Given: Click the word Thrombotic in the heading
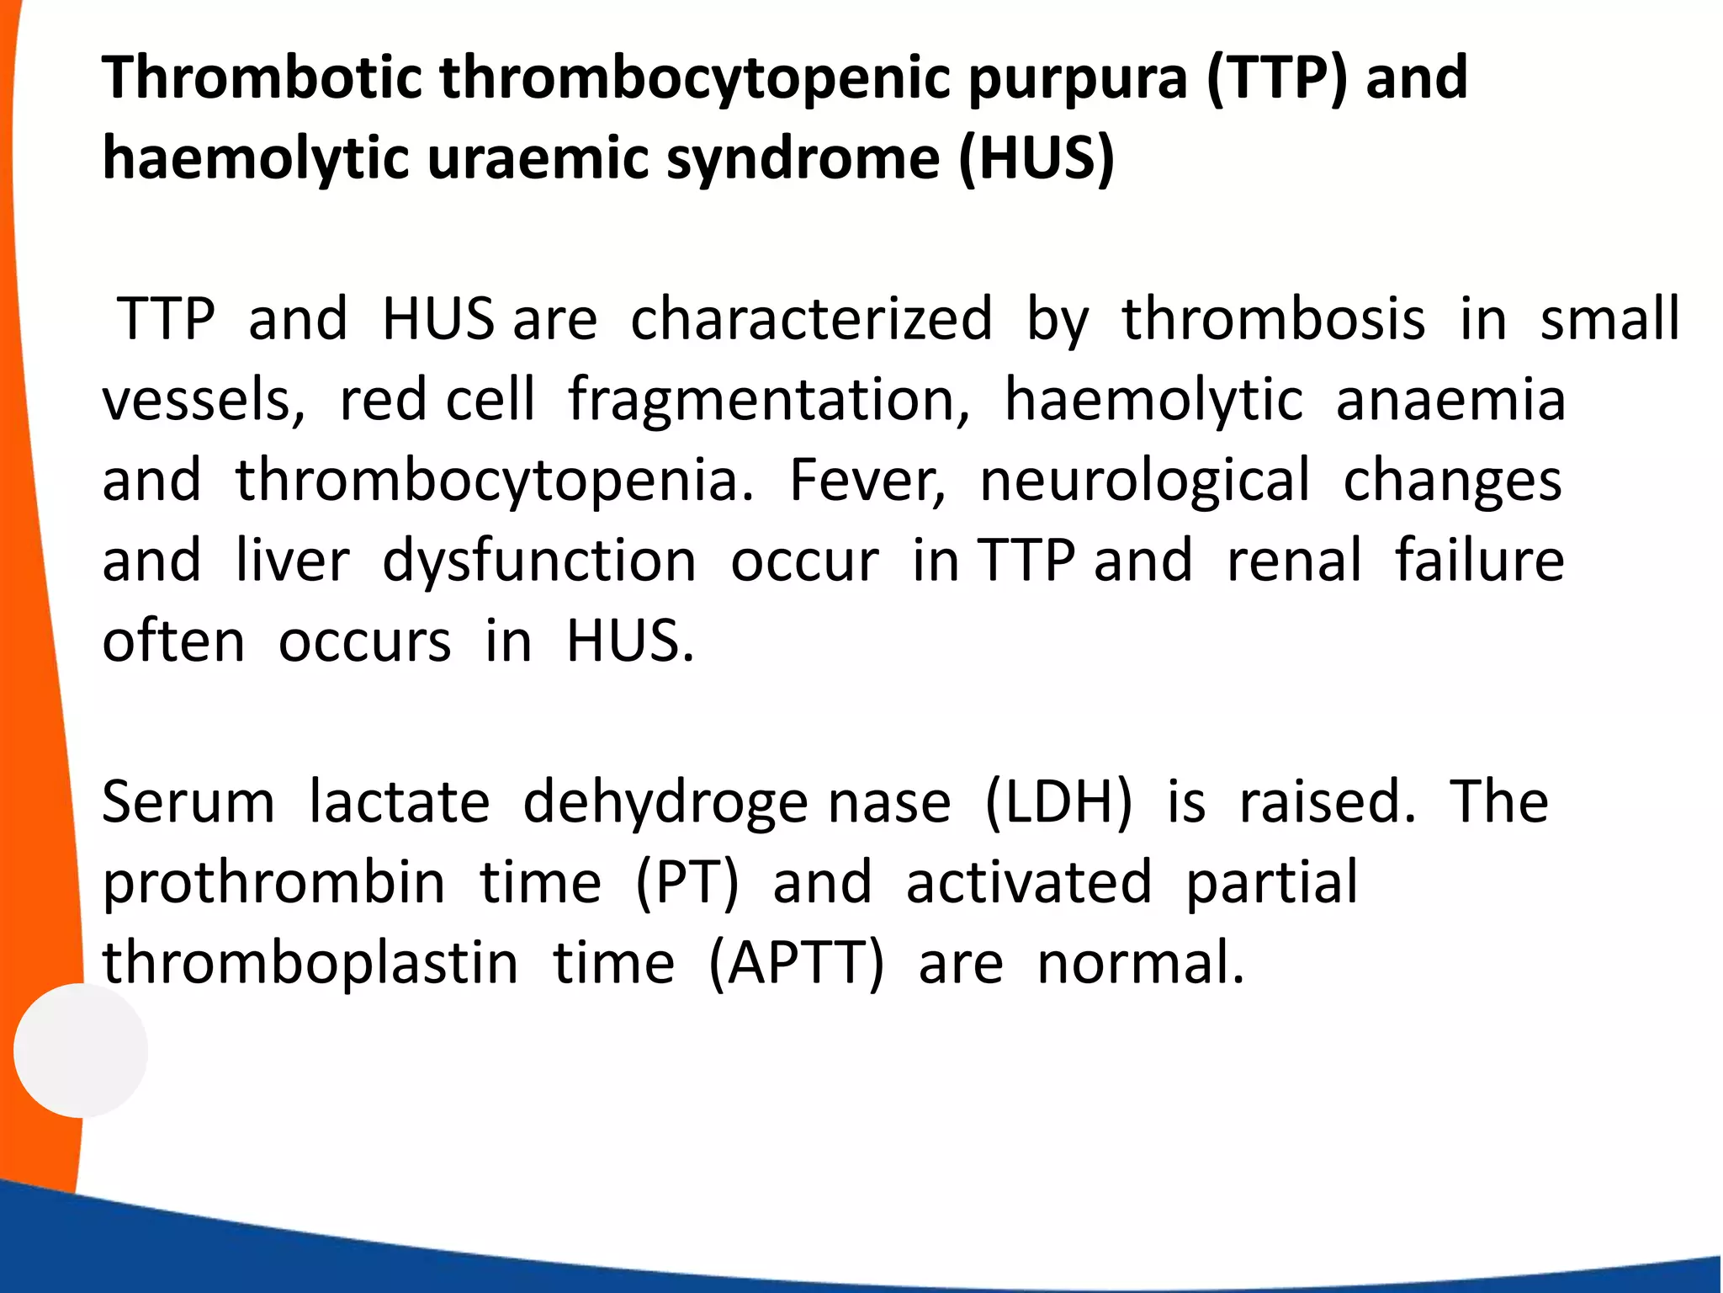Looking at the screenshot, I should tap(262, 77).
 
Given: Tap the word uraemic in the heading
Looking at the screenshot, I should tap(538, 159).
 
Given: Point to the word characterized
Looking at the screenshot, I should tap(811, 320).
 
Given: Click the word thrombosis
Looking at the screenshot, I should tap(1274, 320).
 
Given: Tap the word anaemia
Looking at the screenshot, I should tap(1450, 401).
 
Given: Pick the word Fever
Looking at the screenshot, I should tap(867, 481).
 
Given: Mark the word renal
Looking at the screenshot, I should tap(1294, 561).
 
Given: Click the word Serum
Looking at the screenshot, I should tap(188, 802).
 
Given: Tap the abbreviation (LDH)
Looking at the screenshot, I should tap(1058, 802).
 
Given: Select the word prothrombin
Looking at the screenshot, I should tap(273, 885).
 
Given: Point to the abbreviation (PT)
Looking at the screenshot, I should tap(687, 884).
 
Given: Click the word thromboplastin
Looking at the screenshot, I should tap(310, 965).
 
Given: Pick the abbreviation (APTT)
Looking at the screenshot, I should tap(796, 965).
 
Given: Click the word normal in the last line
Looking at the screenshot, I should tap(1139, 965).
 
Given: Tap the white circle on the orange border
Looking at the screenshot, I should tap(81, 1051).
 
